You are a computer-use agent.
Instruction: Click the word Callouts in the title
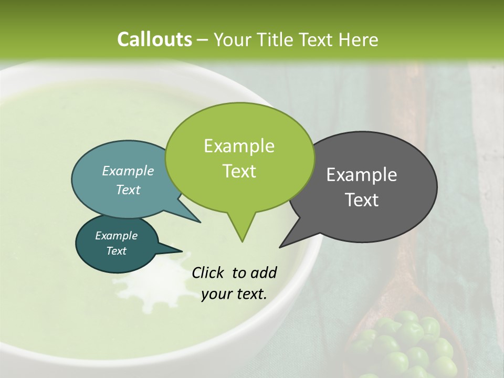154,39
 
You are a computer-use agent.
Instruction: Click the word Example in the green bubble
239,146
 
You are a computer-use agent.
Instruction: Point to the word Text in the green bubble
239,171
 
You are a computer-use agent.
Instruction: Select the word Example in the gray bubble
362,175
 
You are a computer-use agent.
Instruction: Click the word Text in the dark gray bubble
362,200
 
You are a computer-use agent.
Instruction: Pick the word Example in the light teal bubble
128,171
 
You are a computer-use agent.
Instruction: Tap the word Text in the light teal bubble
128,190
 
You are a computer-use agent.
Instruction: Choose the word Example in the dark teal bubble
116,236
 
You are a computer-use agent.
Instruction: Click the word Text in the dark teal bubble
116,251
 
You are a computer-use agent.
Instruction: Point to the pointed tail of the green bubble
241,234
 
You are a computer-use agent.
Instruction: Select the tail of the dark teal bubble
173,249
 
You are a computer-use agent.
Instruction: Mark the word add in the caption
264,272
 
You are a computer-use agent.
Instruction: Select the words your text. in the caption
234,294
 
